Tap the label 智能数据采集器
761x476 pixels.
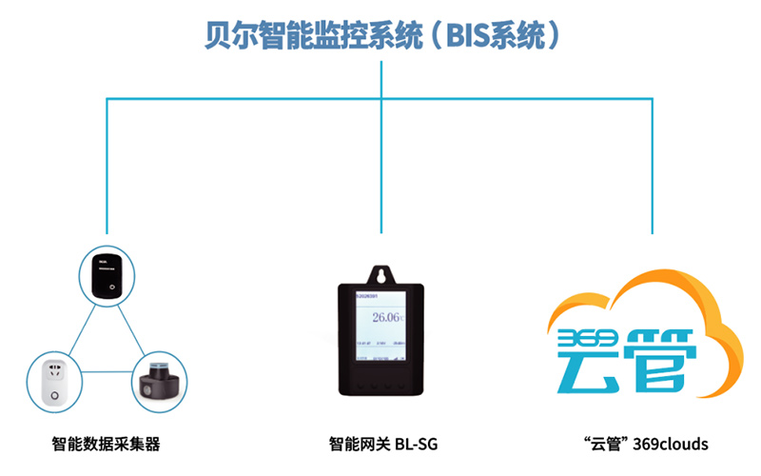(106, 444)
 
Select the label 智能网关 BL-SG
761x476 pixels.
(381, 444)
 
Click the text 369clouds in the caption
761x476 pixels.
(671, 444)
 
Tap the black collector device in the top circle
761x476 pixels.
(106, 276)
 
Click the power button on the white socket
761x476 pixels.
(55, 395)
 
